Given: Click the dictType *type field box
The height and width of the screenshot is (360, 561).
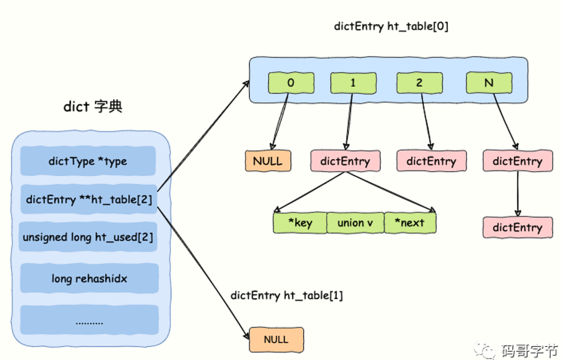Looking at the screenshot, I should coord(88,161).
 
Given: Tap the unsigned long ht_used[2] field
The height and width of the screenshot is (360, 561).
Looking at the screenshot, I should coord(88,237).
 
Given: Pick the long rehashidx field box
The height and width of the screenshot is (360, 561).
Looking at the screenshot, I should coord(89,278).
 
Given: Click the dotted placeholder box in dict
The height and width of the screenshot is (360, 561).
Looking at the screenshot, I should coord(89,321).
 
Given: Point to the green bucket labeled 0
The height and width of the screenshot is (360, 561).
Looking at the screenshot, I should coord(291,83).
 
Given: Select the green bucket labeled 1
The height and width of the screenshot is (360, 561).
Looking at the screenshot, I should coord(353,83).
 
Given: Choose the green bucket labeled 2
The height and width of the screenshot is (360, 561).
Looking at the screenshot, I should coord(419,83).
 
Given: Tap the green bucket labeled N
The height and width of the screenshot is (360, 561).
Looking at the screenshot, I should coord(489,83).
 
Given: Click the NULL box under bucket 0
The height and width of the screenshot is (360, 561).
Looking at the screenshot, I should coord(268,161).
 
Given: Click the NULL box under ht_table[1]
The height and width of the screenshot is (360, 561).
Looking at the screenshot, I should coord(276,340).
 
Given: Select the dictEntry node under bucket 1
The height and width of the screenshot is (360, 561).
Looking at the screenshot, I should coord(345,161).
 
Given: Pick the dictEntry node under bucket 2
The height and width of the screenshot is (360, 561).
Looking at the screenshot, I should coord(431,161).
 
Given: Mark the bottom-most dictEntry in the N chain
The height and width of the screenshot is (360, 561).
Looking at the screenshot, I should coord(517,227).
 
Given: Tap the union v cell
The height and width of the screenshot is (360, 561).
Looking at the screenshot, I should coord(355,223).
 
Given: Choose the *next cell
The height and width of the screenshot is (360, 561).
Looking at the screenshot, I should coord(410,223).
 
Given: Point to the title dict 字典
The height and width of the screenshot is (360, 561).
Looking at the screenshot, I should coord(93,107).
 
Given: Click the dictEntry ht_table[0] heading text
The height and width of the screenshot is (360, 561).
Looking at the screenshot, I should coord(391,27).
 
